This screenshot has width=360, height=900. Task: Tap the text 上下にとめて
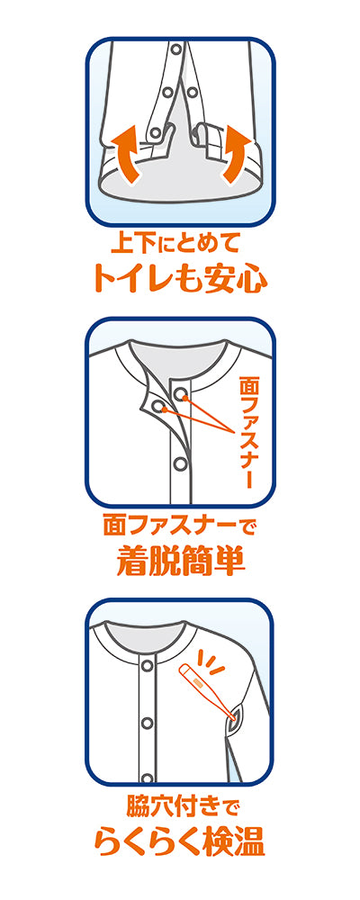[180, 243]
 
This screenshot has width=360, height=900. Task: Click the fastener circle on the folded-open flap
[159, 408]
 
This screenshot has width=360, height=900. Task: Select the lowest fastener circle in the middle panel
[180, 463]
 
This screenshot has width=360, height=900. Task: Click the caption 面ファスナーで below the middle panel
[180, 525]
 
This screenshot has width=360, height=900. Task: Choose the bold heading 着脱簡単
[180, 561]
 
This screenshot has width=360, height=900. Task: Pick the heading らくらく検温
[180, 840]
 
